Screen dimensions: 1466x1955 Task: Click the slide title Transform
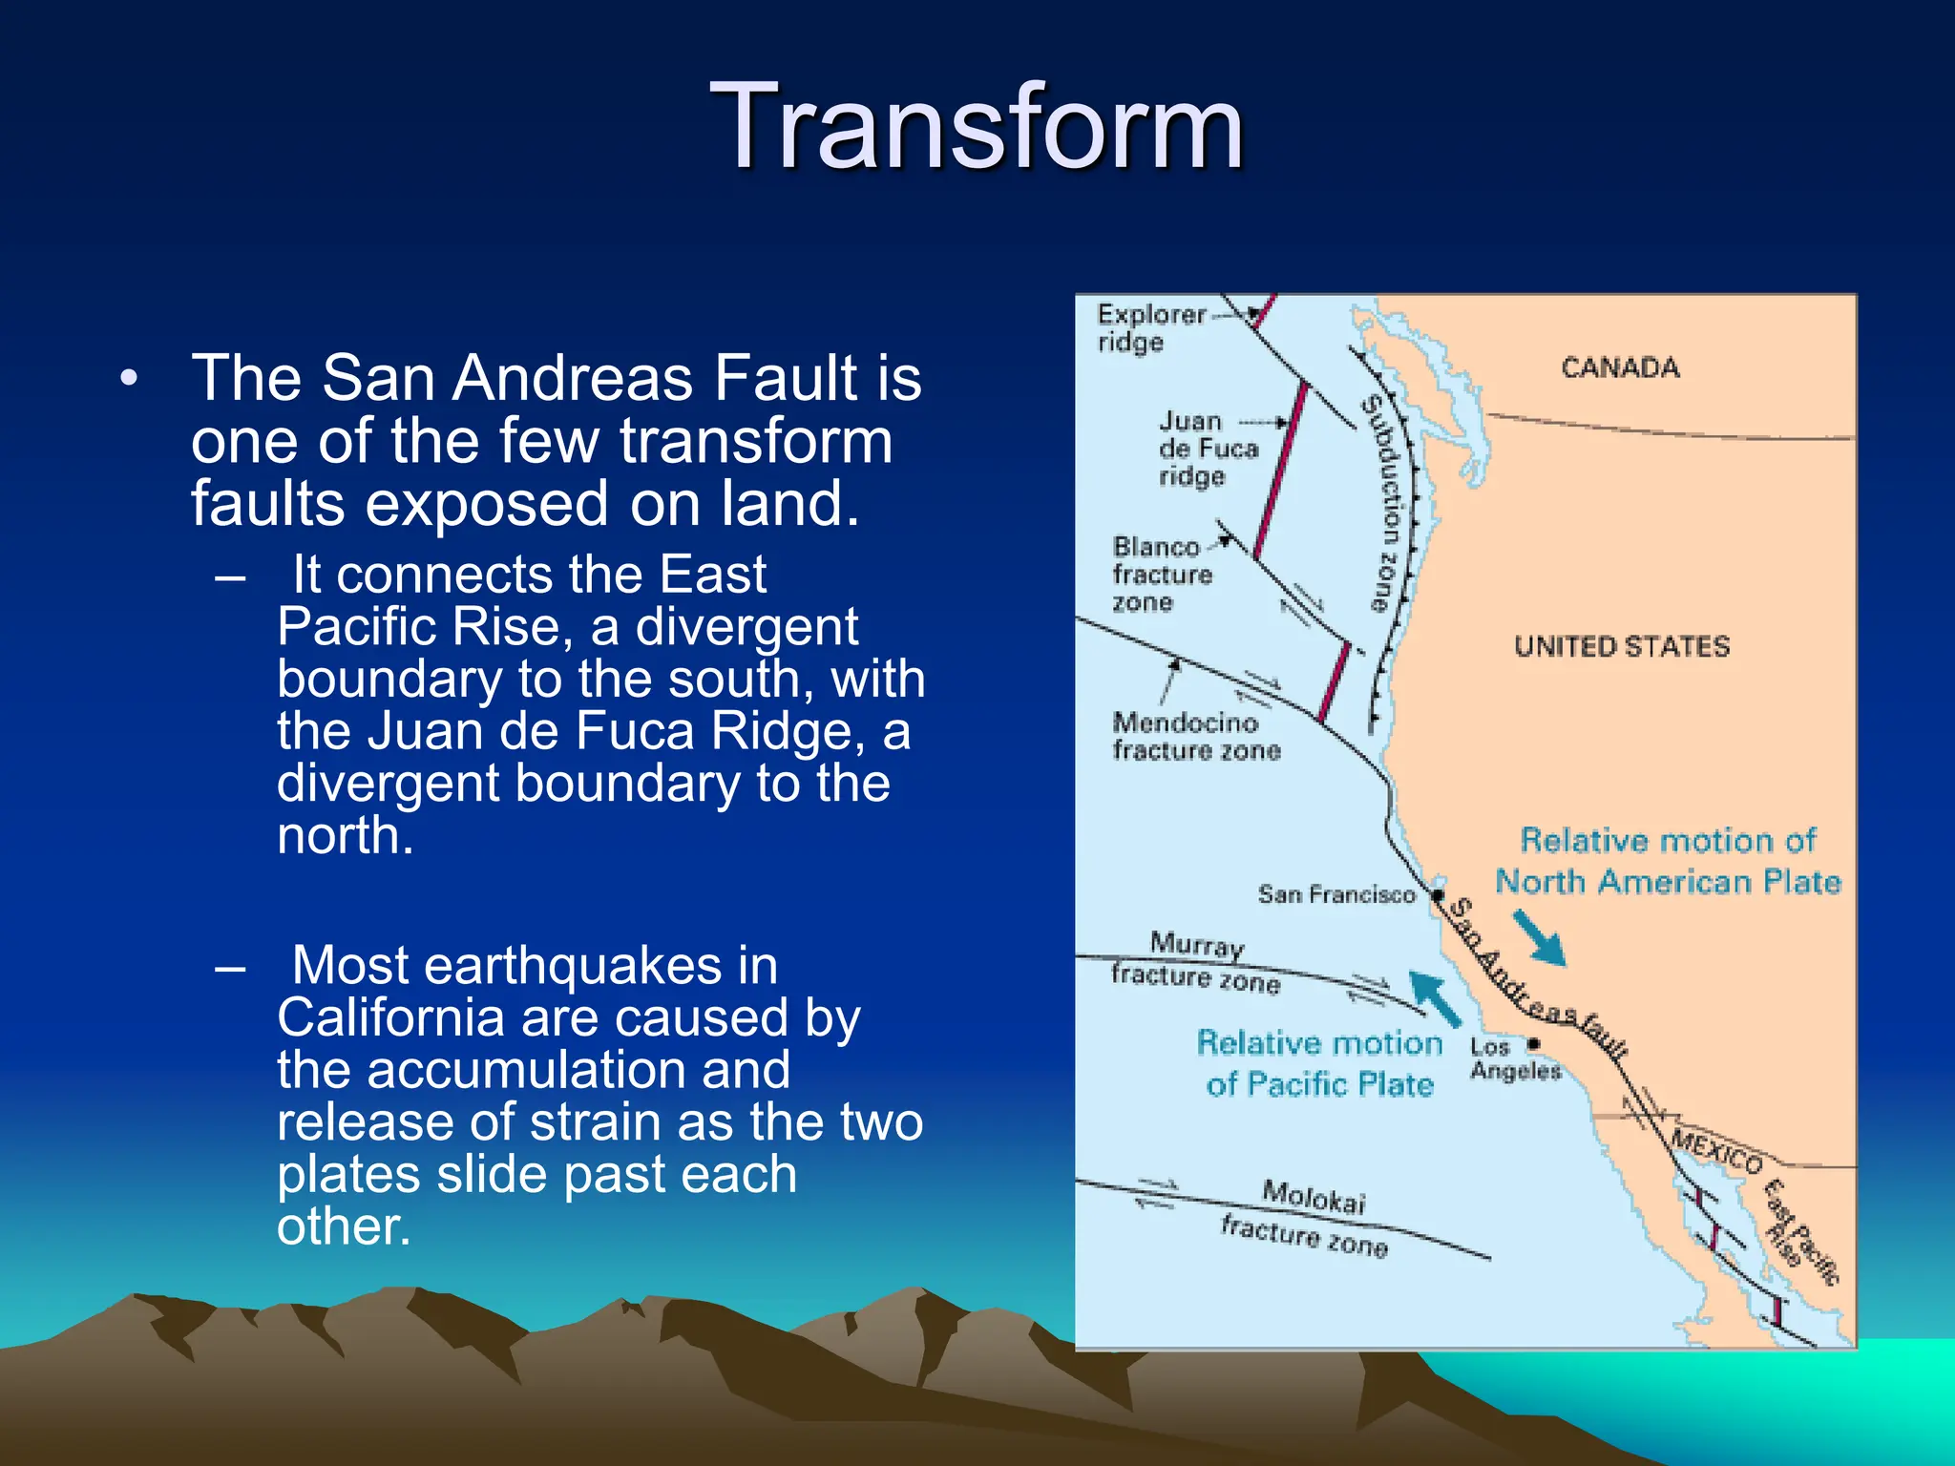pyautogui.click(x=977, y=126)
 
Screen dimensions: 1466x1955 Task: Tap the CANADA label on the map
pyautogui.click(x=1620, y=367)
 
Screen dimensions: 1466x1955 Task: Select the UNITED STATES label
pyautogui.click(x=1621, y=646)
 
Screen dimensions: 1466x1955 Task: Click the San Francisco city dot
pyautogui.click(x=1437, y=895)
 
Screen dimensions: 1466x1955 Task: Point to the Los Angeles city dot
pyautogui.click(x=1534, y=1043)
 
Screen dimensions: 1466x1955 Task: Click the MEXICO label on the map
pyautogui.click(x=1716, y=1152)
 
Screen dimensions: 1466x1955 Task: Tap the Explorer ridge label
pyautogui.click(x=1150, y=327)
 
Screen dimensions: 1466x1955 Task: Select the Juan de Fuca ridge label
pyautogui.click(x=1207, y=448)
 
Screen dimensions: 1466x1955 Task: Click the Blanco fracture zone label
pyautogui.click(x=1161, y=574)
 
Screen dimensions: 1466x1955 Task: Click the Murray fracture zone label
pyautogui.click(x=1195, y=961)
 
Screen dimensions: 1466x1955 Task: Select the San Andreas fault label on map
pyautogui.click(x=1537, y=979)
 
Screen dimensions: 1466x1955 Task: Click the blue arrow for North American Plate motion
pyautogui.click(x=1540, y=937)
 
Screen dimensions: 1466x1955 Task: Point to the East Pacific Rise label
pyautogui.click(x=1799, y=1232)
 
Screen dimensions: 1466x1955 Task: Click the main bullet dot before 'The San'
pyautogui.click(x=129, y=378)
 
